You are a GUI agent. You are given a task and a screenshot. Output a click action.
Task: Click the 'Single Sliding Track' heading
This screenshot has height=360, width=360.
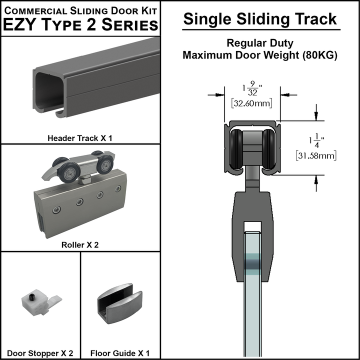(259, 19)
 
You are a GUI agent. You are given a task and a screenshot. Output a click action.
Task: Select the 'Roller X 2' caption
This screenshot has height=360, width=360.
(79, 245)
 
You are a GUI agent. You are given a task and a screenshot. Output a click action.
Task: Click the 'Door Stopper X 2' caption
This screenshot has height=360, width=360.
(40, 353)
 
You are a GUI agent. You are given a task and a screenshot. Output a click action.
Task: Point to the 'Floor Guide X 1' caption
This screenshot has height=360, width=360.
(120, 353)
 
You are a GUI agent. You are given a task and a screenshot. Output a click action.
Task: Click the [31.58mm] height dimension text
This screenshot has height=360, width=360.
(315, 155)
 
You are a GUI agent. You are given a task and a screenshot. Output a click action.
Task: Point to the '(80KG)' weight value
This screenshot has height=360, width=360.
(320, 55)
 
